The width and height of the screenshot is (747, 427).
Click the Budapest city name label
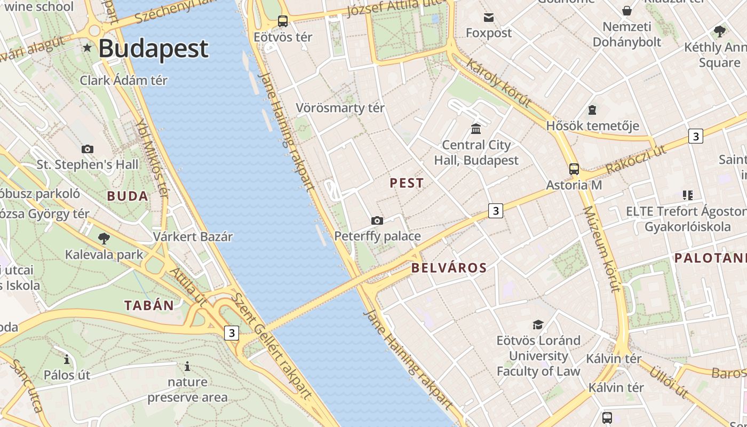(x=153, y=49)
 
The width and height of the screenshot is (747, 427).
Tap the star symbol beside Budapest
(x=88, y=48)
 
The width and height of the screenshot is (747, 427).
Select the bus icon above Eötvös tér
(x=283, y=21)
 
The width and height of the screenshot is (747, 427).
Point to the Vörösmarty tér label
(x=340, y=108)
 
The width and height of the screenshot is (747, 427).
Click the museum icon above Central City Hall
(x=476, y=129)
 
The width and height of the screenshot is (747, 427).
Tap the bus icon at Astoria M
(x=574, y=169)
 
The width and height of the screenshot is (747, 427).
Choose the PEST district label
(x=407, y=183)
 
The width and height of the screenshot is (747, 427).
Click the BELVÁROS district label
(x=449, y=268)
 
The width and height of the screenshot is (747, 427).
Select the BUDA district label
(x=128, y=196)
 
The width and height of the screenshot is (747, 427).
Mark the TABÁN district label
(x=149, y=305)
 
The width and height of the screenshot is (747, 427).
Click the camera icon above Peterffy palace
(x=377, y=220)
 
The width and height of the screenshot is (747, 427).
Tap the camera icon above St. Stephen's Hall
(x=88, y=149)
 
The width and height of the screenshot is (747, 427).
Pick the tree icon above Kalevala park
(x=104, y=238)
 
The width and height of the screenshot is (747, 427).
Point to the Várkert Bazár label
(x=193, y=236)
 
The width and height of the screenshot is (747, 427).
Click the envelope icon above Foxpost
(x=488, y=18)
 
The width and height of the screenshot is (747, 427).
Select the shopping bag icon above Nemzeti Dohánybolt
(x=627, y=11)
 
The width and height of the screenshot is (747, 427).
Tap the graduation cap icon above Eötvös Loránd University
(x=538, y=325)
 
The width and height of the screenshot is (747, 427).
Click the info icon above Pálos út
(x=67, y=359)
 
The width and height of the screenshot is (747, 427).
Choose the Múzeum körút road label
(x=601, y=249)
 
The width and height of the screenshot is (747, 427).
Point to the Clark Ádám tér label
(x=124, y=81)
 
